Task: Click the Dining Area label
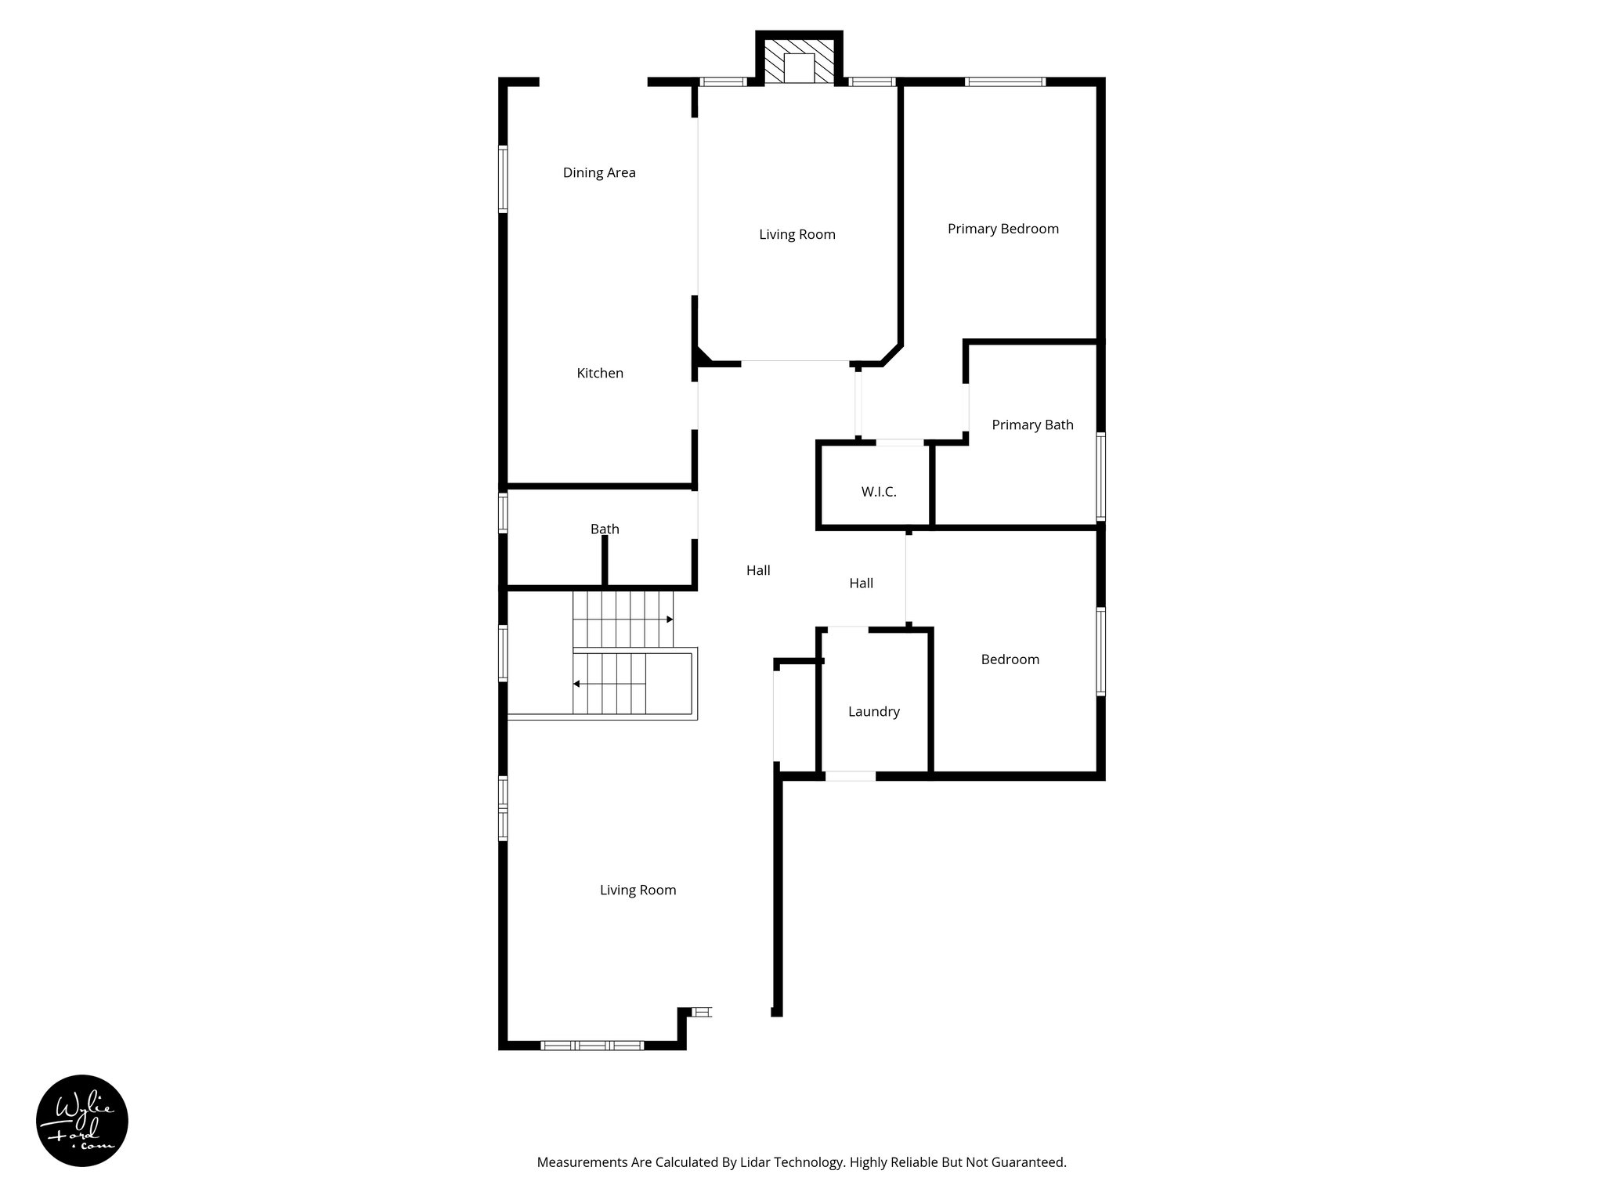click(599, 172)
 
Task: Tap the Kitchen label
click(600, 373)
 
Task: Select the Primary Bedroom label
click(1002, 229)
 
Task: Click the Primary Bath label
click(1032, 424)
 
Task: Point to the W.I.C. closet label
click(878, 492)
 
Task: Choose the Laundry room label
click(873, 711)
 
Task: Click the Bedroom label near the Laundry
click(1010, 659)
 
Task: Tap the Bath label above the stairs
click(605, 529)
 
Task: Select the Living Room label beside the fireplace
click(797, 234)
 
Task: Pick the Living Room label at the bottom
click(638, 890)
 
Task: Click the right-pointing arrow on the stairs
click(670, 620)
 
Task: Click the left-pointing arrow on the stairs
click(576, 684)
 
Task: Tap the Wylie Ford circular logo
click(82, 1121)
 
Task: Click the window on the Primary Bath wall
click(1100, 476)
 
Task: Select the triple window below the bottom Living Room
click(592, 1045)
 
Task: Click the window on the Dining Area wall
click(504, 179)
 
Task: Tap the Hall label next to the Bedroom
click(861, 583)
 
